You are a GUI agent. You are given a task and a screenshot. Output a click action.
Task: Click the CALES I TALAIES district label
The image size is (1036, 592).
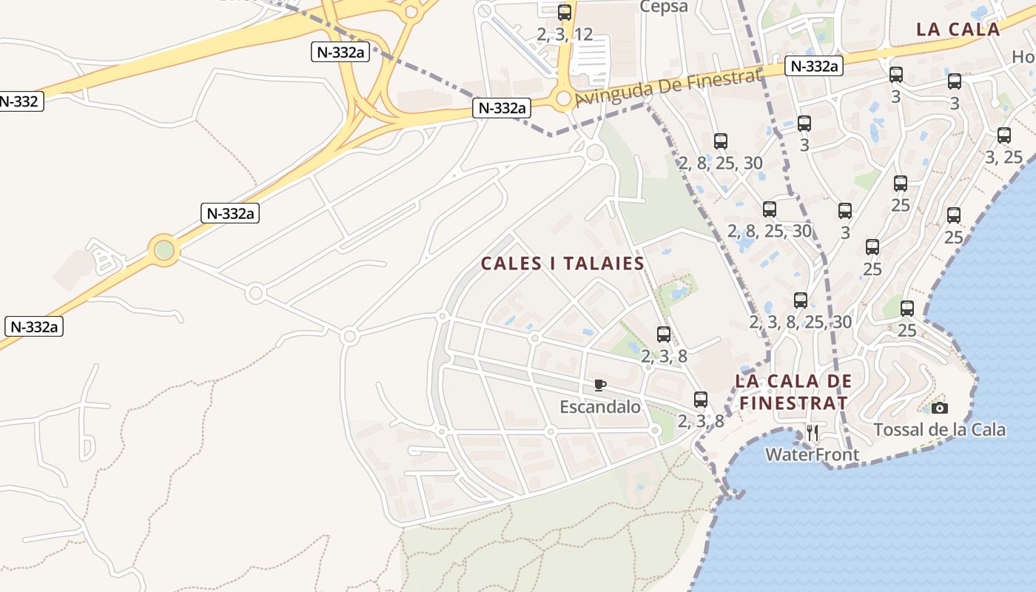562,263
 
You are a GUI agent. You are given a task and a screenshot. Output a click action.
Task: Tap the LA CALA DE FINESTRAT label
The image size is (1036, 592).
793,392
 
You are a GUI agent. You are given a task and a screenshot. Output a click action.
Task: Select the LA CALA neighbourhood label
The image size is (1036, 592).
958,30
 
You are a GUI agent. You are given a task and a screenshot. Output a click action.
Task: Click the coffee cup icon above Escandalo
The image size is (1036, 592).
600,385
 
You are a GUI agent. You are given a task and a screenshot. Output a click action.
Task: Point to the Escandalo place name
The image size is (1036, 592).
600,407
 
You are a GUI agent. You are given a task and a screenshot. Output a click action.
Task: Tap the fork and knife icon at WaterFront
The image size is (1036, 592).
813,432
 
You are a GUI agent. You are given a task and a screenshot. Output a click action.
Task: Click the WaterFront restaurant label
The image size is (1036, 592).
813,454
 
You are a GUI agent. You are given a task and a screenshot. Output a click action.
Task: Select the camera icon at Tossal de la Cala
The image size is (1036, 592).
939,408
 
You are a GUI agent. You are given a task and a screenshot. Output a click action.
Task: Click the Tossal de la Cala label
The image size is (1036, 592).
939,430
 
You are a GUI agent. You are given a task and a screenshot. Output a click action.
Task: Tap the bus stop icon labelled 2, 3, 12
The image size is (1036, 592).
565,12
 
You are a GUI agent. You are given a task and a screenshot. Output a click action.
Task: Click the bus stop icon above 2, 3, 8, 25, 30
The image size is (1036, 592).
801,300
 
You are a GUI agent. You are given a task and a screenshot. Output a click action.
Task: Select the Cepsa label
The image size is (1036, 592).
664,7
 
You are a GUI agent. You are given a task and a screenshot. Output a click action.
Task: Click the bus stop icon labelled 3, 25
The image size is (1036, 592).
1004,135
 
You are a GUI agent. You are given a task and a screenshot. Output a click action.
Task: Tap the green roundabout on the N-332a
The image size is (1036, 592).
164,250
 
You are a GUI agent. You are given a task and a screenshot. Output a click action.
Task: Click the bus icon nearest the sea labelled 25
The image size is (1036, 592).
907,309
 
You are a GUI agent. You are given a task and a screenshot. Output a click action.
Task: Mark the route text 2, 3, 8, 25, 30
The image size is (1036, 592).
801,323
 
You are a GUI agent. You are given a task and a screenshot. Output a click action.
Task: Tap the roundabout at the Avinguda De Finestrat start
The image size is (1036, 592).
564,98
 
